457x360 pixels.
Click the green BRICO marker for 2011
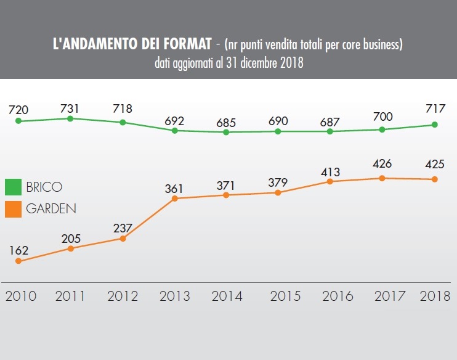point(71,118)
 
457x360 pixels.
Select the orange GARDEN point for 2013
point(176,198)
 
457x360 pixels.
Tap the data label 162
point(18,250)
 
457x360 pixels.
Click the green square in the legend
point(14,187)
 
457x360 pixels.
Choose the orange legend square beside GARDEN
point(14,208)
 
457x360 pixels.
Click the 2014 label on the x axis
point(227,296)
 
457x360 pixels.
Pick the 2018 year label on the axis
point(435,296)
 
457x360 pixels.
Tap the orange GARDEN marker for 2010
point(18,261)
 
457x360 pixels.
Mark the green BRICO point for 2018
point(435,125)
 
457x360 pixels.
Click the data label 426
point(382,165)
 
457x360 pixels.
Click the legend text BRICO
point(44,187)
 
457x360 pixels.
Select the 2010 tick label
point(20,296)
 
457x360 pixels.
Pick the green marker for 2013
point(176,131)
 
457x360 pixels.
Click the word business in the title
point(379,45)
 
